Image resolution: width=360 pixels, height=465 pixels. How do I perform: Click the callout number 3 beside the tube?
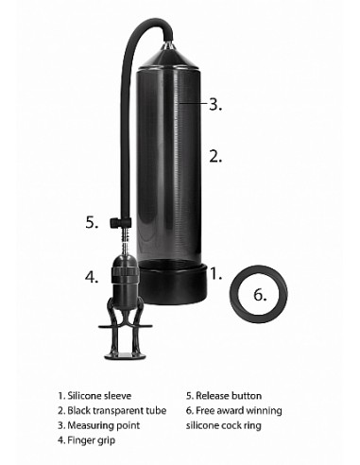pyautogui.click(x=215, y=104)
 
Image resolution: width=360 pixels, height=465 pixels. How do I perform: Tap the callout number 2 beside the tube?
pyautogui.click(x=215, y=157)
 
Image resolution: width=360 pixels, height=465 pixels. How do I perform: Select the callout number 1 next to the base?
pyautogui.click(x=215, y=275)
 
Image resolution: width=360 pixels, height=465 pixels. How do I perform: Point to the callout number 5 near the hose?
pyautogui.click(x=92, y=223)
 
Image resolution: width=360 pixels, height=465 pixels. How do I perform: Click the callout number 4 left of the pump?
pyautogui.click(x=92, y=278)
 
